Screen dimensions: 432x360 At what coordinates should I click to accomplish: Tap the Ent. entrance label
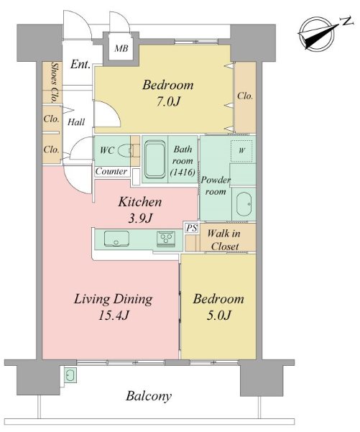[x=80, y=65]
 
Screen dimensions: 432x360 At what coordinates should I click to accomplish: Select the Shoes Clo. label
[x=54, y=81]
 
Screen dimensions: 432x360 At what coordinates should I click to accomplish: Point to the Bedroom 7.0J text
[x=167, y=93]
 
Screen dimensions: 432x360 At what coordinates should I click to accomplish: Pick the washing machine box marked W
[x=241, y=150]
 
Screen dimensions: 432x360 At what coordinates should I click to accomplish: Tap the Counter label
[x=111, y=172]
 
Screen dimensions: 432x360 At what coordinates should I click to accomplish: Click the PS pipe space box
[x=190, y=228]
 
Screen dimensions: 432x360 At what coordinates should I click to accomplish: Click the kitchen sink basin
[x=115, y=239]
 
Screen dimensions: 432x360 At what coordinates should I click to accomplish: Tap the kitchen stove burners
[x=167, y=239]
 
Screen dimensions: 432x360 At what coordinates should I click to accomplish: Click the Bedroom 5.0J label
[x=218, y=306]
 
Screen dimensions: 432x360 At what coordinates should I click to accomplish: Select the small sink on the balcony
[x=70, y=375]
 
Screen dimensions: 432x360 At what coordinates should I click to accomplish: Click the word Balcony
[x=149, y=396]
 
